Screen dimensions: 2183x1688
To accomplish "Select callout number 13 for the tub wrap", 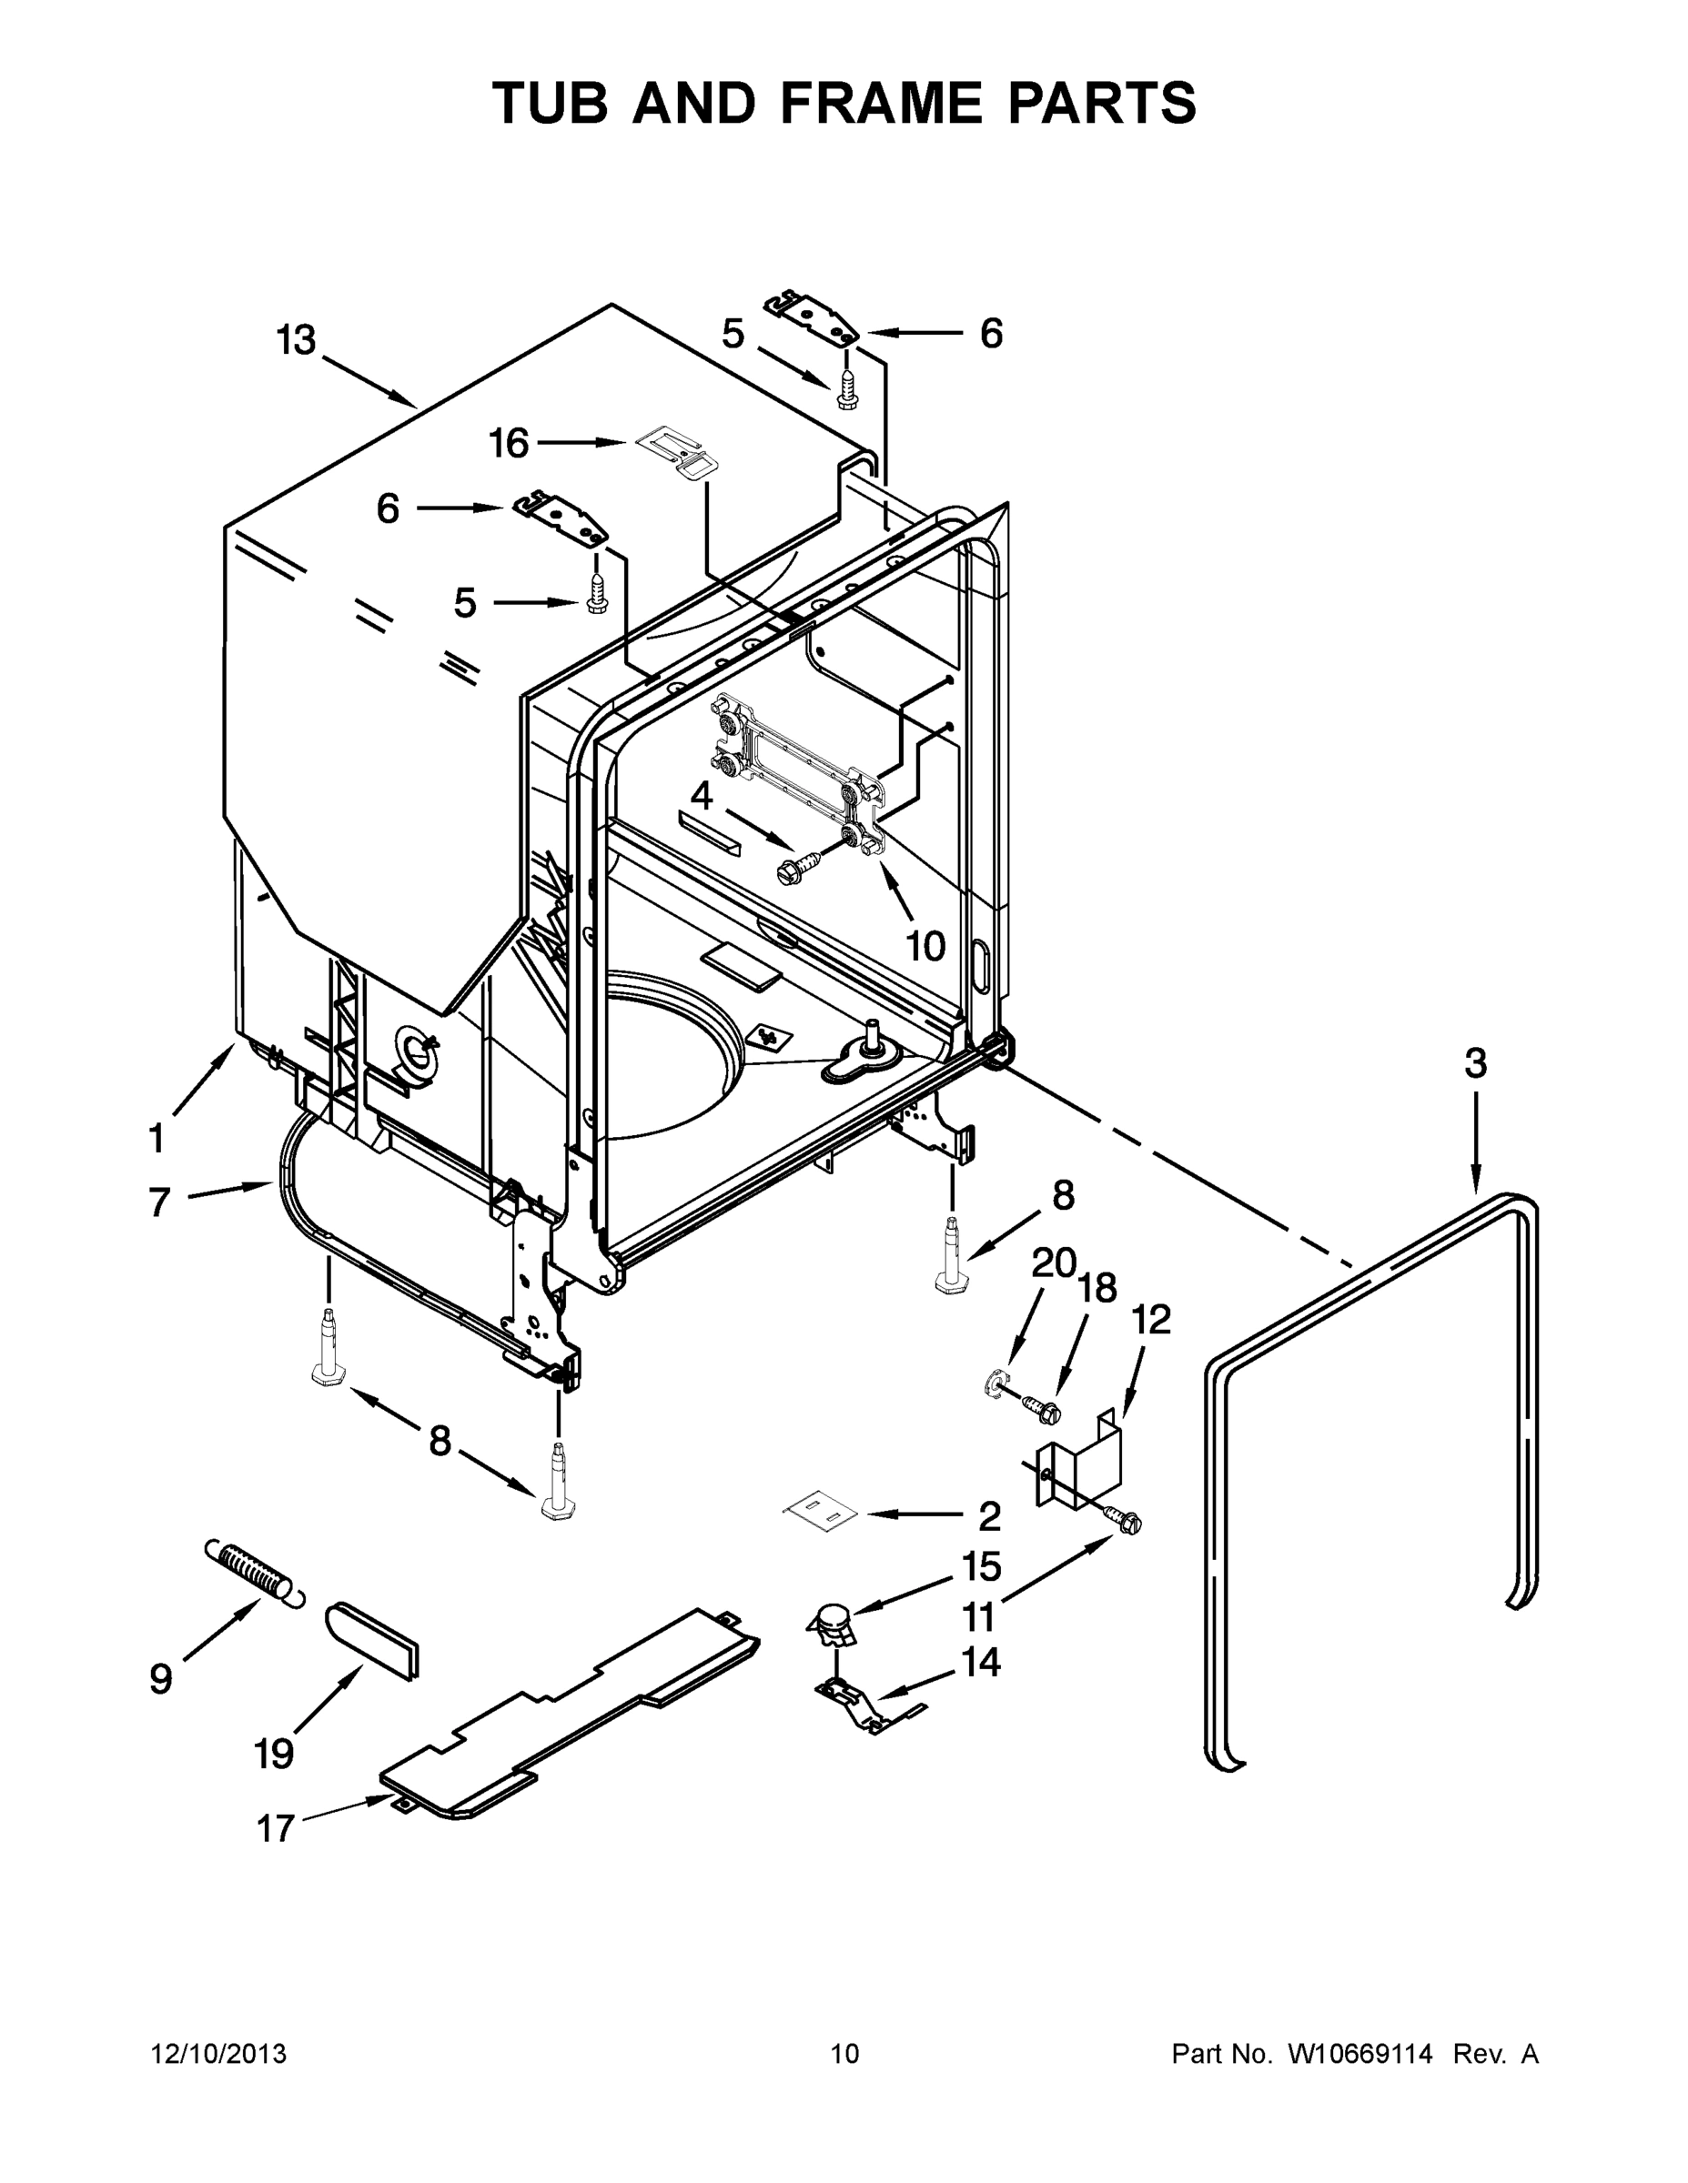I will (x=296, y=341).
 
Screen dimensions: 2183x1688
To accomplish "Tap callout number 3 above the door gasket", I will (x=1475, y=1062).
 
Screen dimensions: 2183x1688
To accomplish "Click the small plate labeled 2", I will (x=820, y=1513).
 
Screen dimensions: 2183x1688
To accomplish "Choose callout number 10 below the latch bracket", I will (x=925, y=944).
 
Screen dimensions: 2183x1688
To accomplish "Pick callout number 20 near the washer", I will (x=1053, y=1264).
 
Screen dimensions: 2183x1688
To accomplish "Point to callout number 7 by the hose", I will (x=159, y=1202).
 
